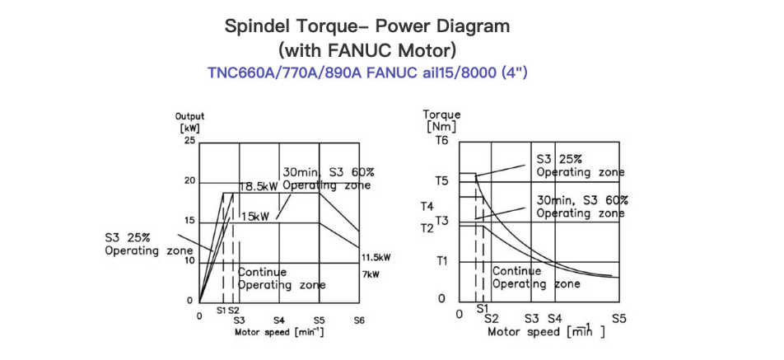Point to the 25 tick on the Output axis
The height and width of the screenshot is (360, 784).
click(x=189, y=141)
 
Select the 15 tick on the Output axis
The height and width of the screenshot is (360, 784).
click(x=189, y=221)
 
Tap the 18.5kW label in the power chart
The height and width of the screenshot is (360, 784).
click(x=259, y=188)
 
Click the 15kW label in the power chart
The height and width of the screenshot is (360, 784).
click(x=255, y=217)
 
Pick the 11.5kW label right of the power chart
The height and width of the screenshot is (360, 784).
click(x=376, y=258)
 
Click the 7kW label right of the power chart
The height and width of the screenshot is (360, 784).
click(x=370, y=274)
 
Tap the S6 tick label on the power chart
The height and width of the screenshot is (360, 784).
click(x=358, y=320)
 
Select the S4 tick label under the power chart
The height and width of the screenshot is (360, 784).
click(x=279, y=320)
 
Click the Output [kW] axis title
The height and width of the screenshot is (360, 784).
click(x=189, y=121)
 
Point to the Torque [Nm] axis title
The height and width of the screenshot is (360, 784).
click(x=441, y=120)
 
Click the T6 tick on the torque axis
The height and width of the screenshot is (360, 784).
click(x=442, y=141)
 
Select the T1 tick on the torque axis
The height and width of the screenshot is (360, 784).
click(x=441, y=260)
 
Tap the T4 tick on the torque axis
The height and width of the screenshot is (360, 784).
click(x=427, y=206)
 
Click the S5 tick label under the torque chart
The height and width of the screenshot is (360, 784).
click(x=619, y=317)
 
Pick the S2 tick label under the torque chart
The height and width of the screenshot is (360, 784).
click(x=492, y=317)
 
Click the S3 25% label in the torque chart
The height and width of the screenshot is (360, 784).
click(x=559, y=160)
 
